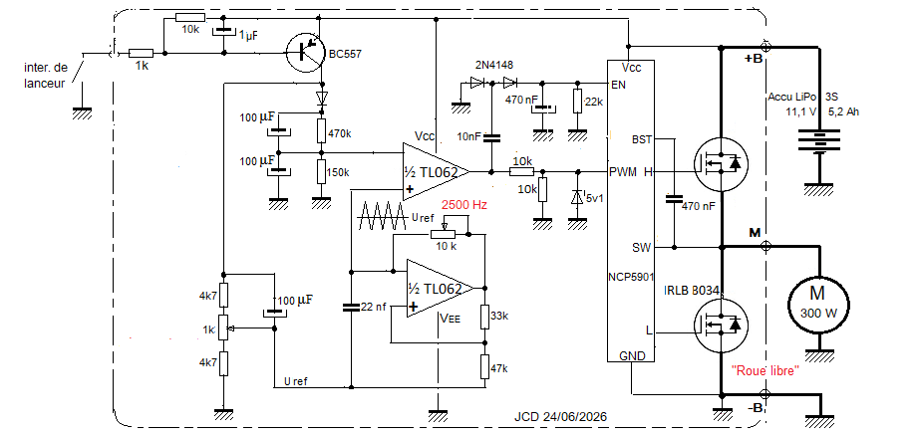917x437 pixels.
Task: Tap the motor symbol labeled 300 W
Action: pos(818,304)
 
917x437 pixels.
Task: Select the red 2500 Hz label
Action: pos(463,205)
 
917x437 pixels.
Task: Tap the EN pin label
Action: pos(618,86)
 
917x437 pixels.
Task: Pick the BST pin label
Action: pos(642,140)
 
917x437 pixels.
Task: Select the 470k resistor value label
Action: pos(341,133)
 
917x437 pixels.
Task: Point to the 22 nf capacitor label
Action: pos(373,308)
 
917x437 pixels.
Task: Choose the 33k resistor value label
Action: pos(498,317)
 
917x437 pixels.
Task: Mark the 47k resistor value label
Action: pos(498,369)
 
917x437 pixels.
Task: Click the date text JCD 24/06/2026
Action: pos(560,417)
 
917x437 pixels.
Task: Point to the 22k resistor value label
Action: pos(594,102)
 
